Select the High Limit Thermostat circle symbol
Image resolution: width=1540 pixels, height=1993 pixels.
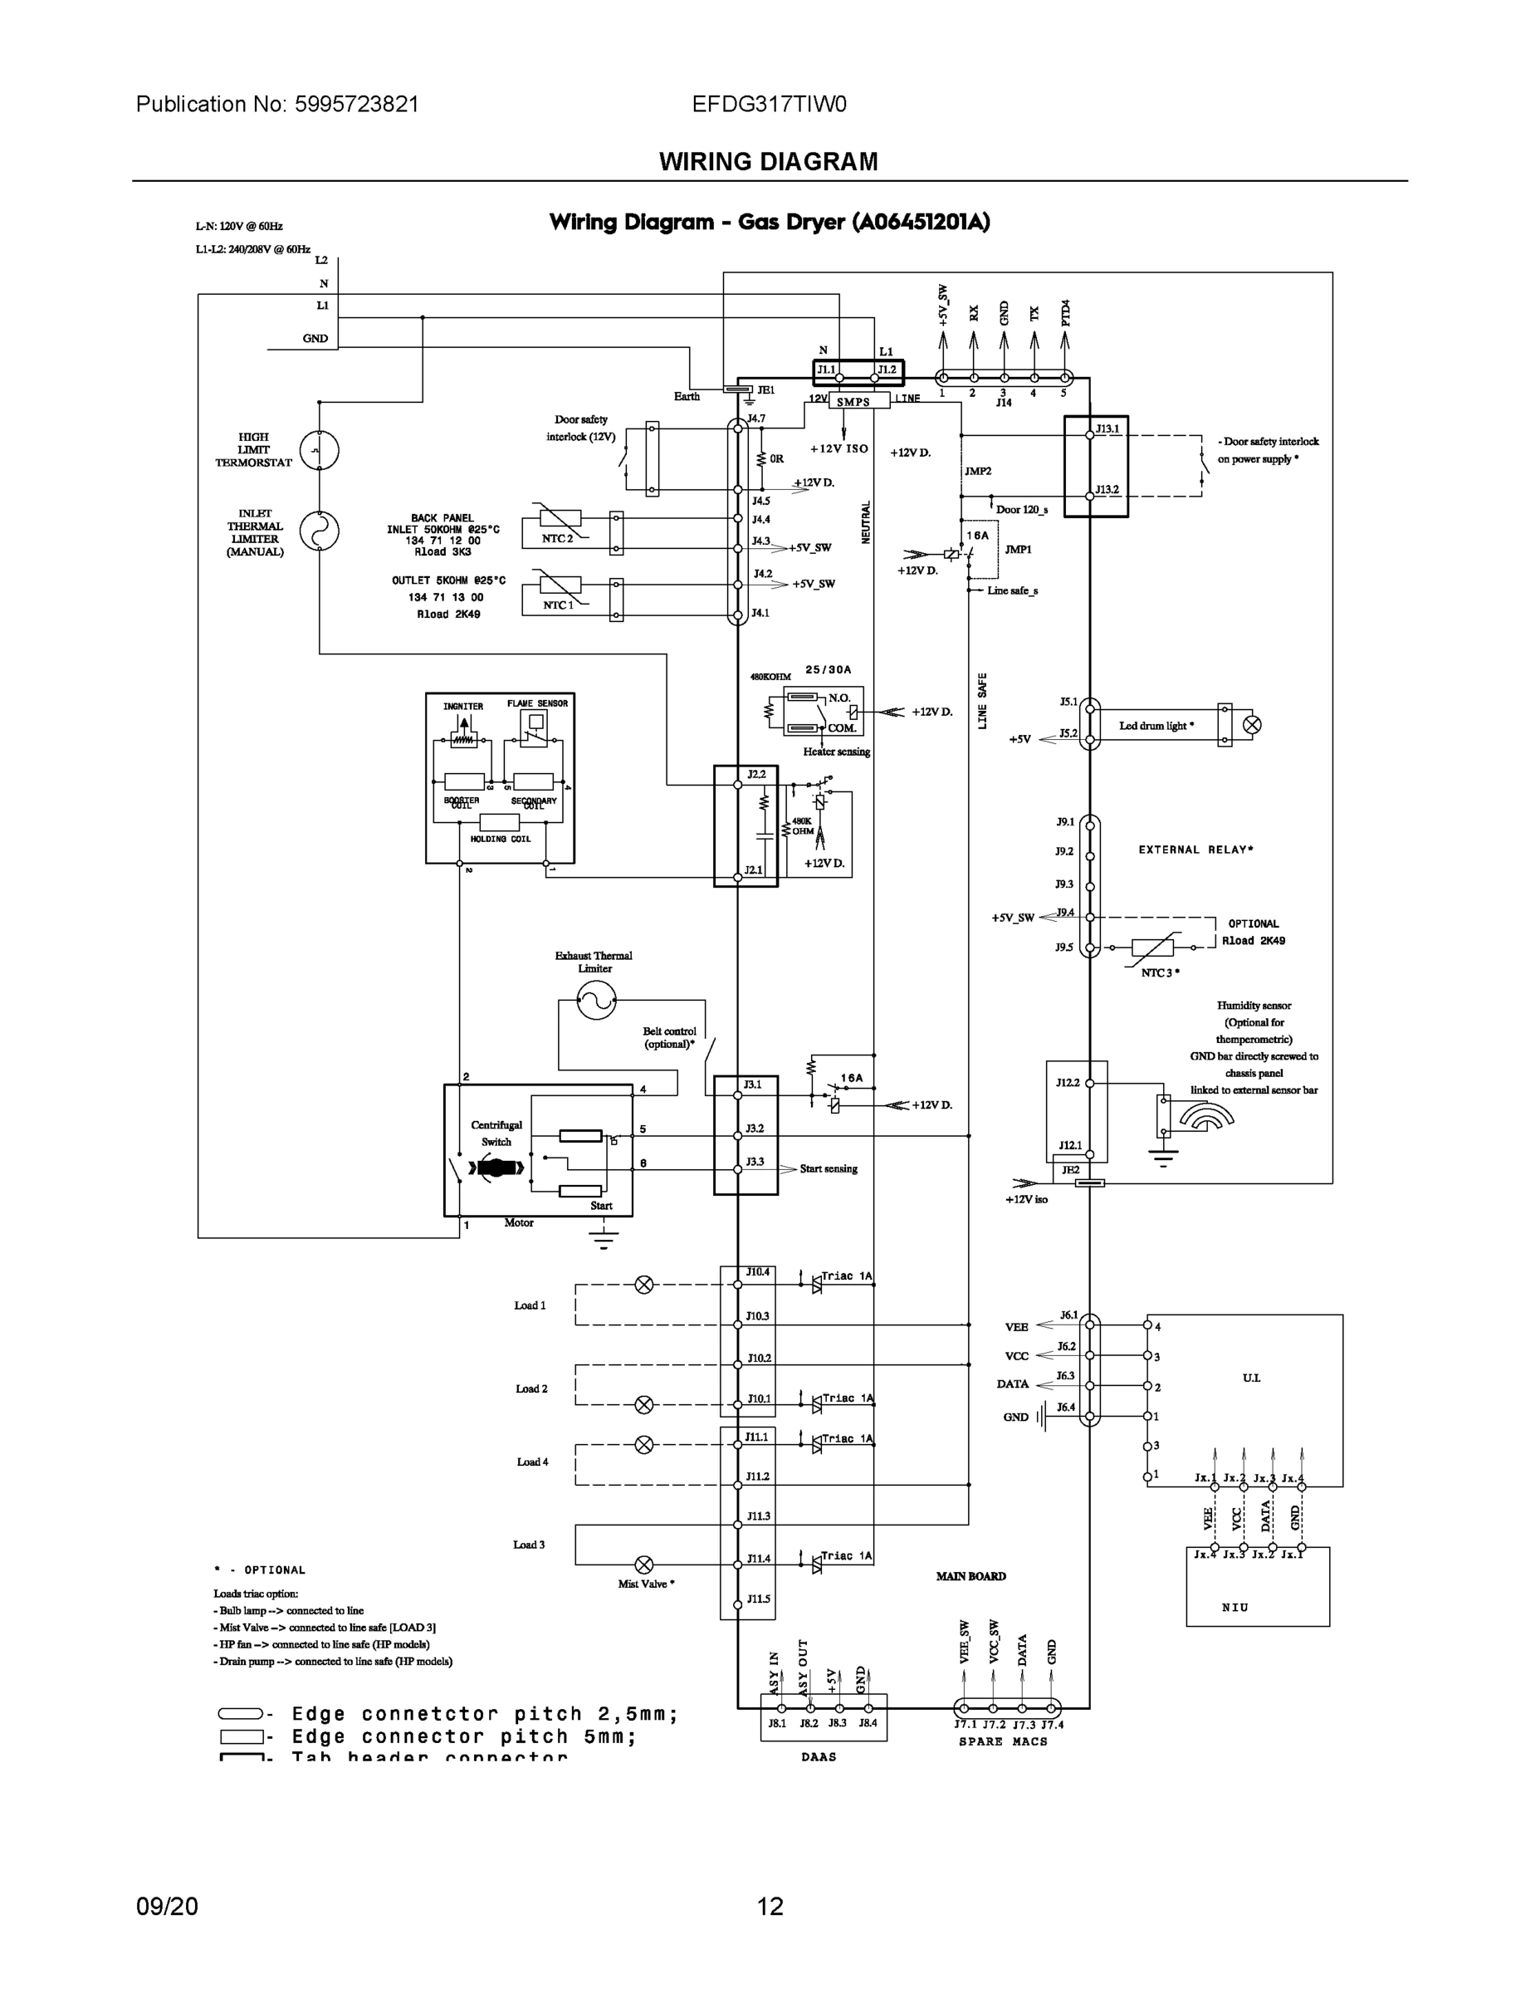click(320, 450)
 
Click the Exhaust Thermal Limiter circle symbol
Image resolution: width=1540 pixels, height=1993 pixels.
click(597, 1000)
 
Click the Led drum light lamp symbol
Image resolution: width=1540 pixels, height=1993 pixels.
click(1252, 726)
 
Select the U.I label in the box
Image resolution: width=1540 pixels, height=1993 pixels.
click(1251, 1378)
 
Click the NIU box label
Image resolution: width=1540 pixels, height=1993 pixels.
click(1234, 1607)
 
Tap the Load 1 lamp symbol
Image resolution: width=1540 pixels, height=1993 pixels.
click(644, 1285)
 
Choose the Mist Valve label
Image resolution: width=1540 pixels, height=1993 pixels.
click(645, 1584)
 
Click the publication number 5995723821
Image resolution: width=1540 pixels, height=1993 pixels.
click(356, 104)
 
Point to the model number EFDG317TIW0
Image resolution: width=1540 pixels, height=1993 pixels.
click(769, 104)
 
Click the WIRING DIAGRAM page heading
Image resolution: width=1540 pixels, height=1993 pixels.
click(768, 162)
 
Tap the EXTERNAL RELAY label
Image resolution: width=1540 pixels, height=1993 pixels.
click(1195, 850)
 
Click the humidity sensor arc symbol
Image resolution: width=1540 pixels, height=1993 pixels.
click(1206, 1115)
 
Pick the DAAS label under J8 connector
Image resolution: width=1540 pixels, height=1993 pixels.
click(819, 1756)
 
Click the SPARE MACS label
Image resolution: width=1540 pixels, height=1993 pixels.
click(1003, 1741)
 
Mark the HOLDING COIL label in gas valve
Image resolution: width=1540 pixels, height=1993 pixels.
click(500, 839)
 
